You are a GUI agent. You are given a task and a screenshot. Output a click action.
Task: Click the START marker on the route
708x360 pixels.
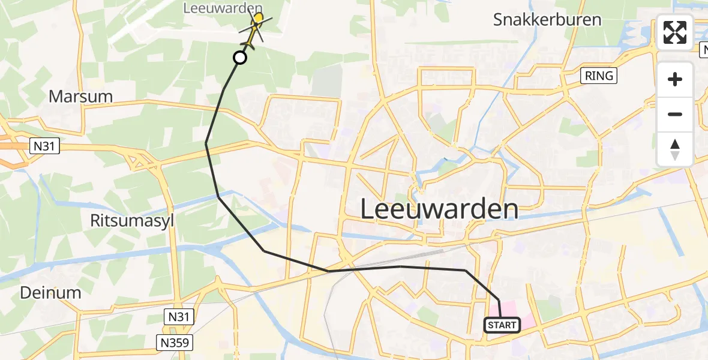502,325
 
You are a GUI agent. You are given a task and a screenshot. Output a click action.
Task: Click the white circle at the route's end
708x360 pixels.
239,58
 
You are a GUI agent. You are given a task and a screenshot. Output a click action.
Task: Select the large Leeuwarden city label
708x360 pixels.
439,210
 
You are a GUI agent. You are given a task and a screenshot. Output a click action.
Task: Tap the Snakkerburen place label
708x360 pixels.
547,19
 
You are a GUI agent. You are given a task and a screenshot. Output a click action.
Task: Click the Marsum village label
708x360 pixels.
80,96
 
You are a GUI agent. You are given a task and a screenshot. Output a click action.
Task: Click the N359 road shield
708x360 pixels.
175,343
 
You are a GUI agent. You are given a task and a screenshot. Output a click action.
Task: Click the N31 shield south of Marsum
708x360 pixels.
45,145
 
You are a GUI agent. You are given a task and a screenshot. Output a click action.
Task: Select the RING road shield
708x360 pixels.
599,75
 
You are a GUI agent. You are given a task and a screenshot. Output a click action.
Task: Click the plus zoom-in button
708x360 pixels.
675,79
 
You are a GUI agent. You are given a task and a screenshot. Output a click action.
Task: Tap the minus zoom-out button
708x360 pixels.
675,114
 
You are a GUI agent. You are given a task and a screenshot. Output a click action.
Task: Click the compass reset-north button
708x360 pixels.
675,149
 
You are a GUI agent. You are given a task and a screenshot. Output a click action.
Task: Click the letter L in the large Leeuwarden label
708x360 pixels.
368,210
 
